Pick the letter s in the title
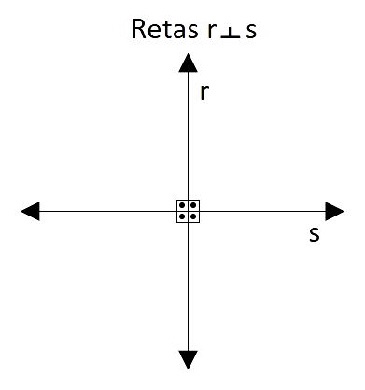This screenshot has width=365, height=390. coord(249,33)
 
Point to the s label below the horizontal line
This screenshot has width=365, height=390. coord(314,234)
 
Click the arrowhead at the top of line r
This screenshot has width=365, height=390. coord(188,63)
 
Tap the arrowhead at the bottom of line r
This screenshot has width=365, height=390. coord(188,360)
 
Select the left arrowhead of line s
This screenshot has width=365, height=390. coord(30,211)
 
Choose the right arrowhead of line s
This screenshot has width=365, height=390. coord(334,211)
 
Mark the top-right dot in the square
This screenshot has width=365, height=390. coord(193,205)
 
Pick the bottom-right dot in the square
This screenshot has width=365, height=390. coord(193,216)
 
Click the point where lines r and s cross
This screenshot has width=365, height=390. coord(188,211)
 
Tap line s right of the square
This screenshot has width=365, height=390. coord(261,211)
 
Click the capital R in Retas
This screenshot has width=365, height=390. coord(141,31)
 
